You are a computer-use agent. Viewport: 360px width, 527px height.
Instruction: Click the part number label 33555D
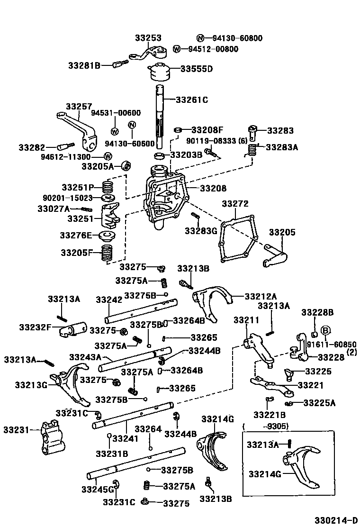(x=197, y=69)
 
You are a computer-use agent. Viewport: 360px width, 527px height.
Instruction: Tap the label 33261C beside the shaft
(x=192, y=100)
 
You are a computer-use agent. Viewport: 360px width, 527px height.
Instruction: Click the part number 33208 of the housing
(x=213, y=188)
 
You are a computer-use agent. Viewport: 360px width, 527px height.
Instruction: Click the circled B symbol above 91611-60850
(x=326, y=330)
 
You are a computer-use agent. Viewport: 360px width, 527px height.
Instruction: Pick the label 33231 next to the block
(x=16, y=430)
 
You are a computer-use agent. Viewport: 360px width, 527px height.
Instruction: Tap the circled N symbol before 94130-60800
(x=200, y=38)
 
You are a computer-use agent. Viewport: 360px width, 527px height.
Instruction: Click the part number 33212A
(x=261, y=296)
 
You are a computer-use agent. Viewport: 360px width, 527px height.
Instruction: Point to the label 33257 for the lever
(x=79, y=107)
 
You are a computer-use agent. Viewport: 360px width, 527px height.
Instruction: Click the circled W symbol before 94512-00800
(x=177, y=49)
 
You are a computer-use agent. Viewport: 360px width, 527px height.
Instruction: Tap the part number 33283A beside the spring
(x=282, y=147)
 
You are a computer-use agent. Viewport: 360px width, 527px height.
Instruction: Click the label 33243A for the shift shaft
(x=85, y=357)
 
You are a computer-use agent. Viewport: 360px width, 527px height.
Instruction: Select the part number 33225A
(x=319, y=403)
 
